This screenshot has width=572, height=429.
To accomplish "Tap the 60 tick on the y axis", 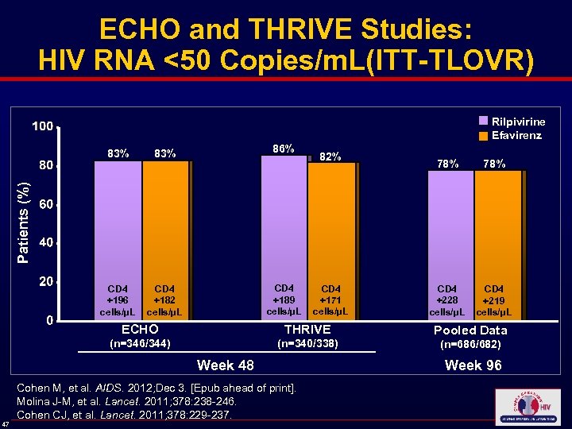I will click(46, 204).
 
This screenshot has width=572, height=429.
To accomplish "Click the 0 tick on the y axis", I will click(49, 320).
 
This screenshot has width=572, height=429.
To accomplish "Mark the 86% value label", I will click(283, 149).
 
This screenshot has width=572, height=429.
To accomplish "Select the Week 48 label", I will click(226, 365).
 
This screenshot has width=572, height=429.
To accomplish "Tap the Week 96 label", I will click(473, 365).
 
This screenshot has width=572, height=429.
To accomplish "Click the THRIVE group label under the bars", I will click(307, 329).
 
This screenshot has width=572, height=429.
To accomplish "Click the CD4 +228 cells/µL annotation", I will click(447, 300).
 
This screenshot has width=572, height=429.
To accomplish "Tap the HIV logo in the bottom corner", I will click(527, 407).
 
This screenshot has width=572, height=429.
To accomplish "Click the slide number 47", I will click(6, 423).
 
